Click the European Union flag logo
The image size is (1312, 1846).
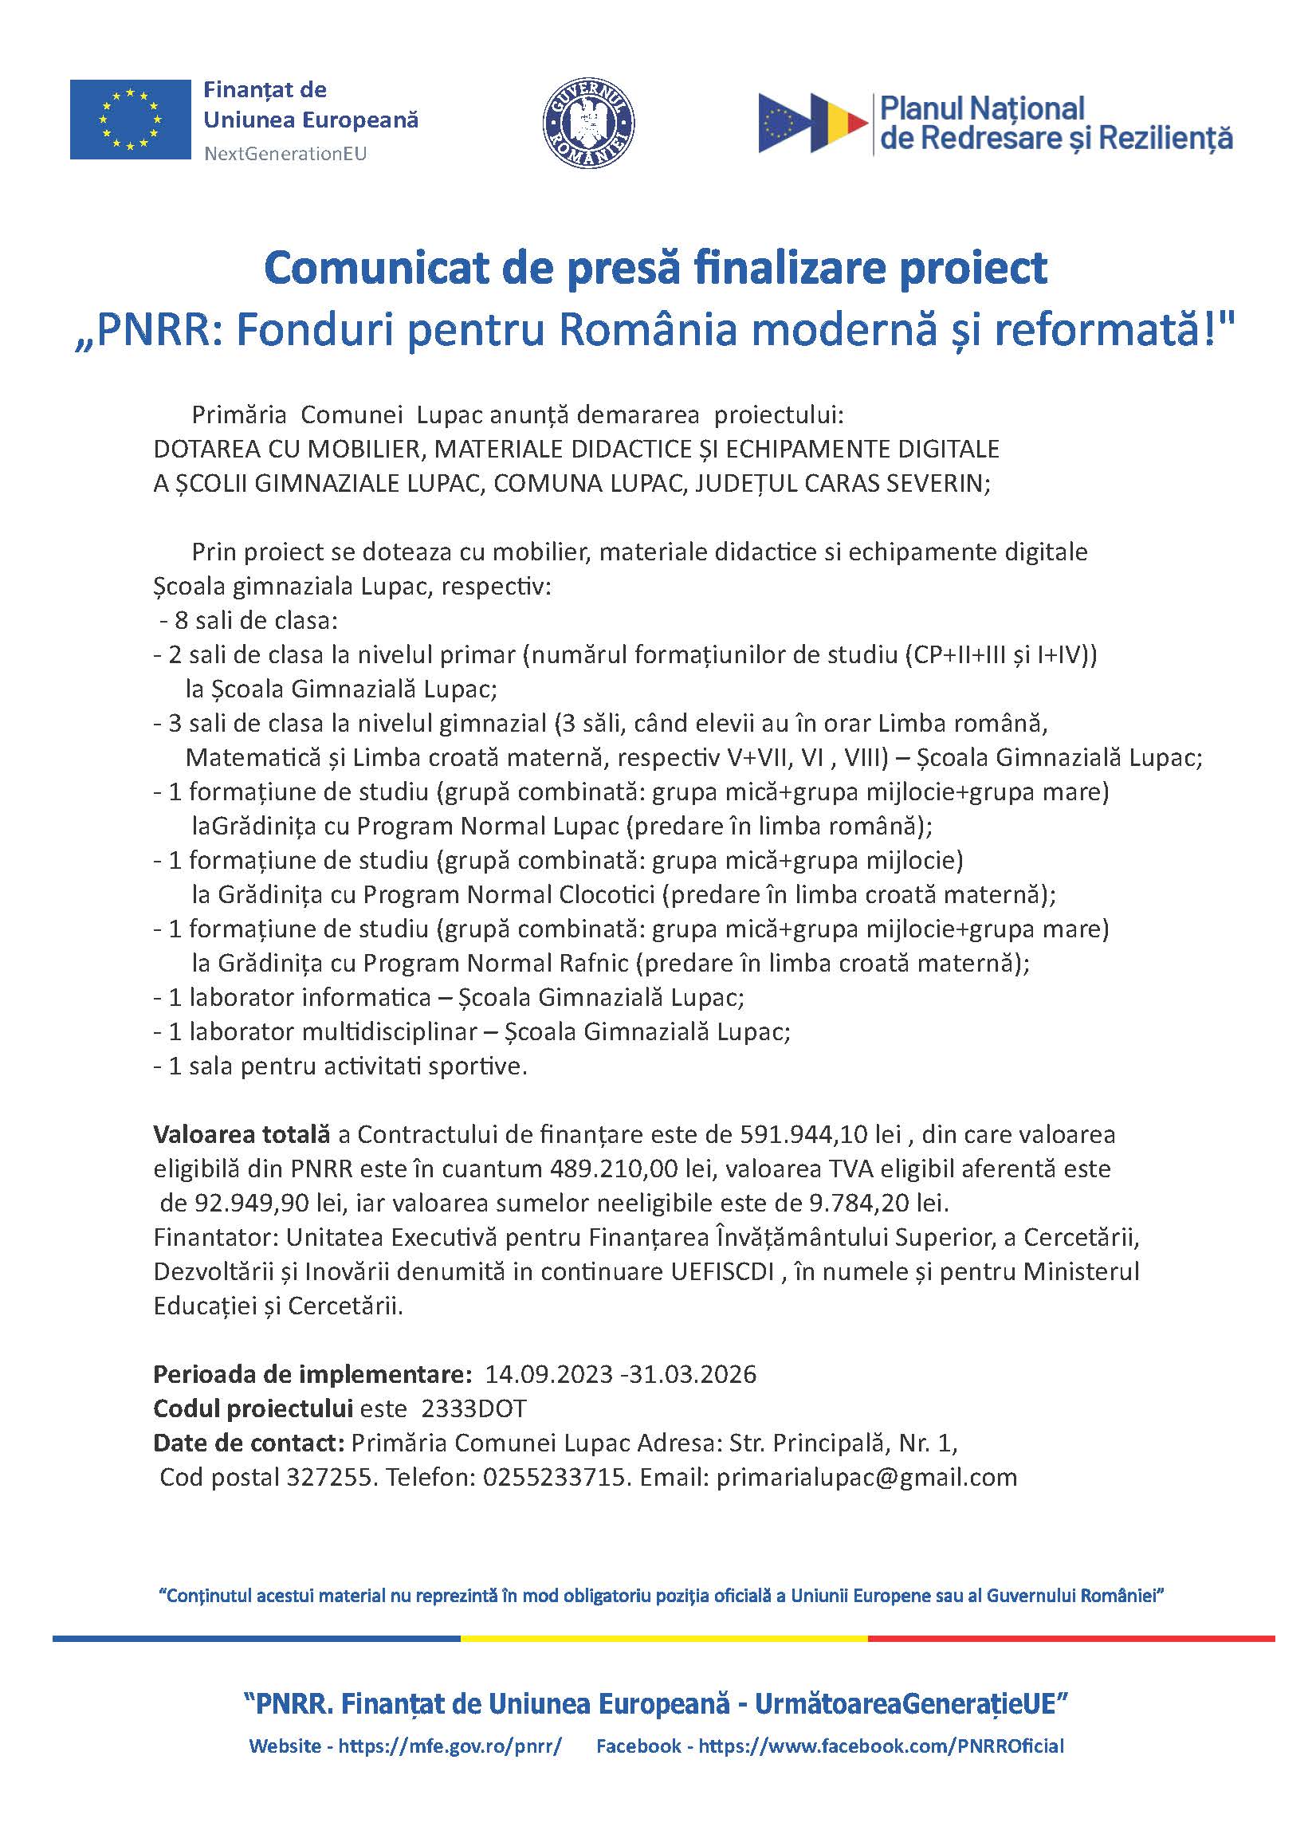coord(130,120)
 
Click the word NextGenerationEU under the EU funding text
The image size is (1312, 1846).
coord(285,154)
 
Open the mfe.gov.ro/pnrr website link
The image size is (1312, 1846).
coord(450,1746)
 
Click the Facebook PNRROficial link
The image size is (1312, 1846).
coord(881,1746)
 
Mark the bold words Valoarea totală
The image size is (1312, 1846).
coord(242,1134)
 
